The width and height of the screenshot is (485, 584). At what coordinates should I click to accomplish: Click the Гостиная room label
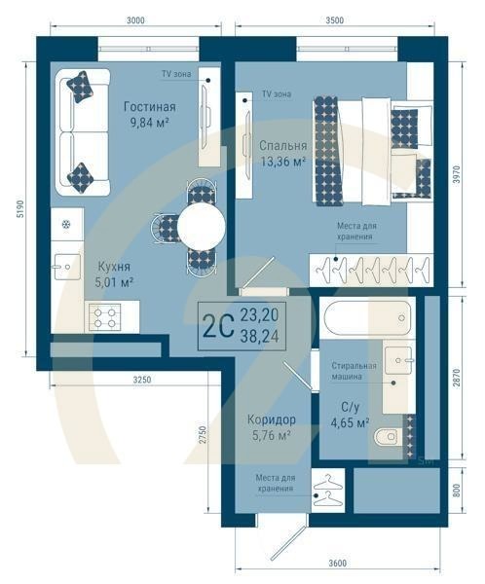149,106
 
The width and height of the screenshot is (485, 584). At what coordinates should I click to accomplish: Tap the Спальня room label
283,145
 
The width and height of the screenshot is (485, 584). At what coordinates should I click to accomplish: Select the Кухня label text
114,265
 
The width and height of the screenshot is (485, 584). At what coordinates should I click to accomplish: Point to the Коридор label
272,420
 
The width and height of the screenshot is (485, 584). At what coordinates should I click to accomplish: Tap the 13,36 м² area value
283,163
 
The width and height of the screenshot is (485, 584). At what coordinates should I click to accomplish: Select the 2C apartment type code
217,325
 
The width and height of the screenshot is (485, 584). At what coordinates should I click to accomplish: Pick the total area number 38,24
258,334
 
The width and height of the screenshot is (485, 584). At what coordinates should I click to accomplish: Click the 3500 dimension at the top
333,19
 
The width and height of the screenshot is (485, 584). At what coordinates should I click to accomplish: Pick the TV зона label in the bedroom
277,94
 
